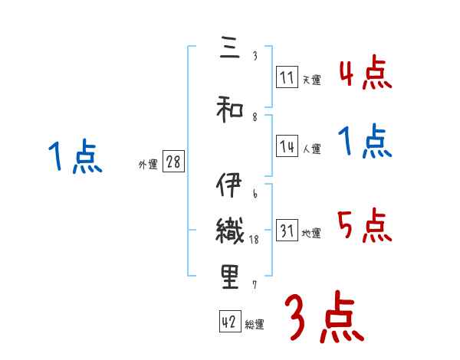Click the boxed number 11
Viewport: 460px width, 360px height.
pos(287,77)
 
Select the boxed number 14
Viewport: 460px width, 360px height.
pos(287,147)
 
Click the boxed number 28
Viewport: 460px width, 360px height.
pos(173,162)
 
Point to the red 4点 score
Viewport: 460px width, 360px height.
pos(366,74)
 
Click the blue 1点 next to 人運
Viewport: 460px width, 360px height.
pos(366,142)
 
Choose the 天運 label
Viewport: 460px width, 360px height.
pos(311,80)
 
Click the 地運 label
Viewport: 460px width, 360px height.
pos(311,234)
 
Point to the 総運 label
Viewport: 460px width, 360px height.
pos(255,325)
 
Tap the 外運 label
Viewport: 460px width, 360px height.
pos(147,164)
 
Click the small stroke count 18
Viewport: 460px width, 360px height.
pos(255,240)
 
